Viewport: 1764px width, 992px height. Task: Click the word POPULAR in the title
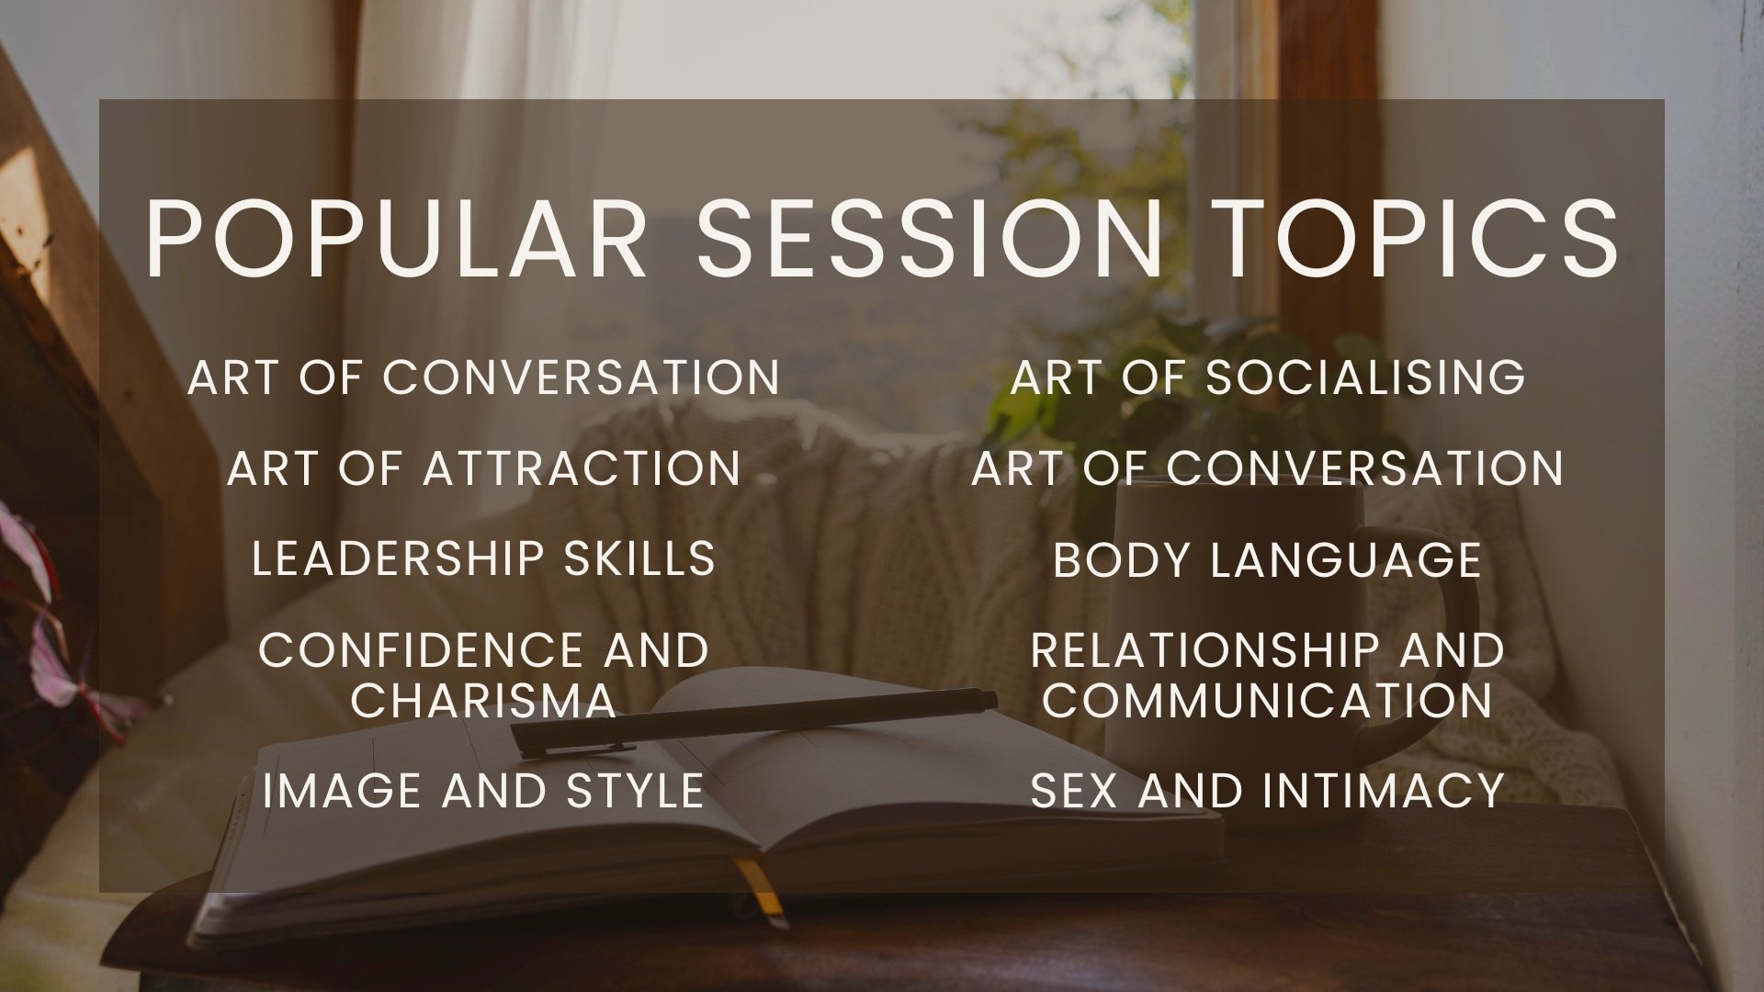coord(397,238)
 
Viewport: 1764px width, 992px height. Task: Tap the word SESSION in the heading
coord(931,238)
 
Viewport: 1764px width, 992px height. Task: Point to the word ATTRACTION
coord(581,468)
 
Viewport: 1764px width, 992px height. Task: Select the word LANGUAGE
coord(1346,559)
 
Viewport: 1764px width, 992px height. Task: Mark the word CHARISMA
coord(483,701)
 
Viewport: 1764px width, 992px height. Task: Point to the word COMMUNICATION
coord(1267,701)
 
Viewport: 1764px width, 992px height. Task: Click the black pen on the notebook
coord(753,723)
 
